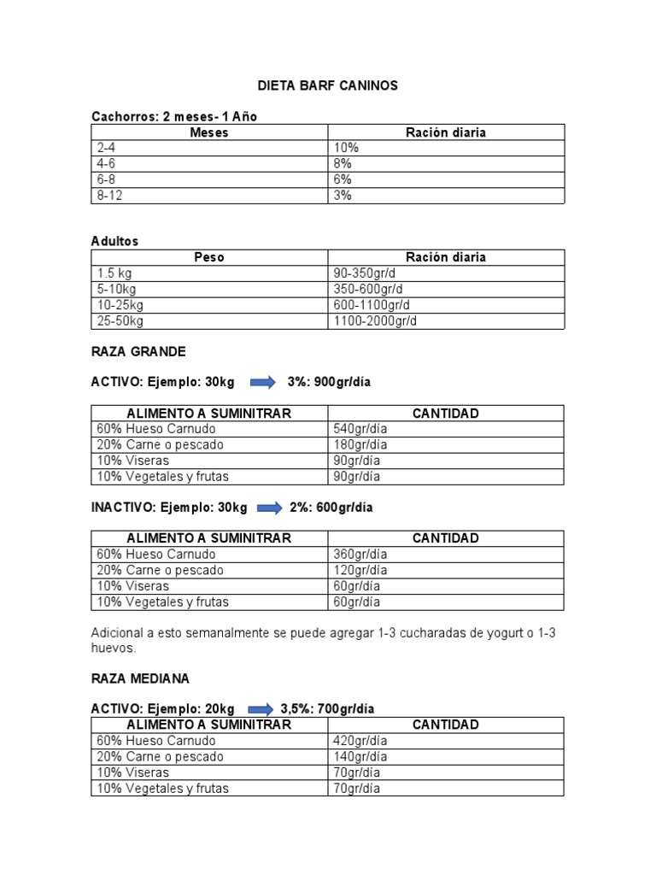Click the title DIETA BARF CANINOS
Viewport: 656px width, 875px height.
(328, 86)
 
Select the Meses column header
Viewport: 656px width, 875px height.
(209, 132)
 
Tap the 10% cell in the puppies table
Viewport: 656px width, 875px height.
(346, 148)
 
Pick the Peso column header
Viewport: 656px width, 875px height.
(209, 257)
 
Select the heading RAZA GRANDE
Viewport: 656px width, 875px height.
(138, 351)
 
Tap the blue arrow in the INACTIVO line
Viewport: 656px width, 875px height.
(269, 508)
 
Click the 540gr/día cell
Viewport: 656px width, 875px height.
(360, 429)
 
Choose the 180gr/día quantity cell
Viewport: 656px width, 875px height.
(360, 444)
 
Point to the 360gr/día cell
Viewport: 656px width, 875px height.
(360, 554)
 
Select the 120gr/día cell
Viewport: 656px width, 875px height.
(360, 570)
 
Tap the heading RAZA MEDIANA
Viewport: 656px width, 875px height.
(141, 678)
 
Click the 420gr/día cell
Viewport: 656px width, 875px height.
(360, 741)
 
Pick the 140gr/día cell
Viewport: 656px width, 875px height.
(360, 756)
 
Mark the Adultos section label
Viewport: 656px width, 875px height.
(114, 242)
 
